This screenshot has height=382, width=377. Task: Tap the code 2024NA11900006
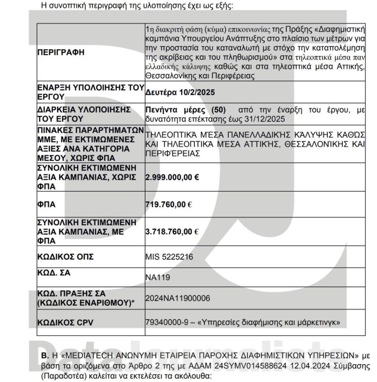click(x=171, y=298)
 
